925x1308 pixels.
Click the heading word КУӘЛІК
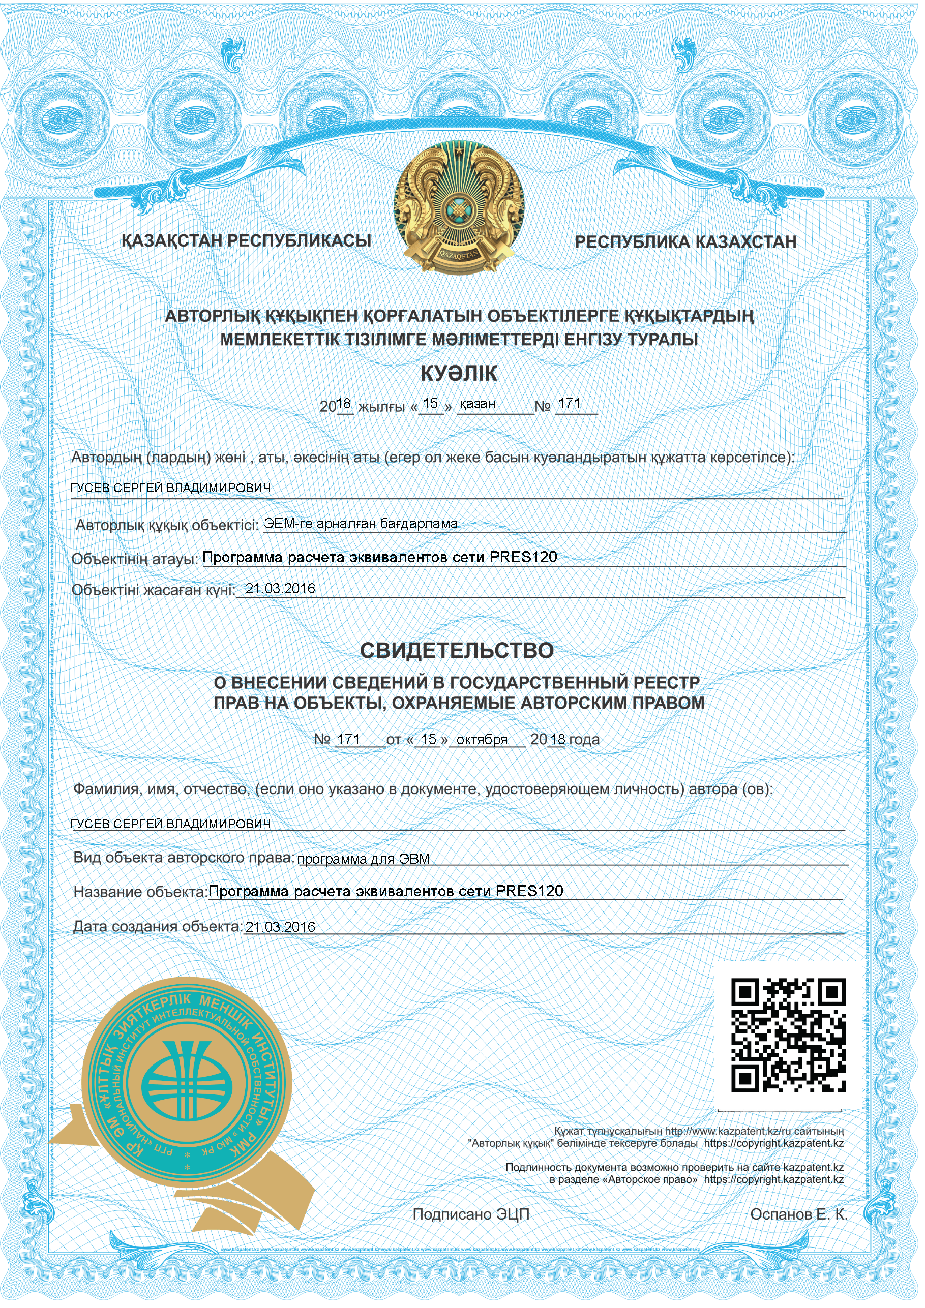(459, 374)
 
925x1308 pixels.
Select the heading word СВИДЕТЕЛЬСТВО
(457, 651)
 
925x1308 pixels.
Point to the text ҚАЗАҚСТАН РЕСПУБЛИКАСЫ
(246, 241)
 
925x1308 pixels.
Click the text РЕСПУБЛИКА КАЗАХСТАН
(685, 242)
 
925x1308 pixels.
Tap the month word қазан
(477, 404)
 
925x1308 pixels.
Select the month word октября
(482, 740)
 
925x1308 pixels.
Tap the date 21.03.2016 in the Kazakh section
(280, 589)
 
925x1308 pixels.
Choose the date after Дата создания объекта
(280, 927)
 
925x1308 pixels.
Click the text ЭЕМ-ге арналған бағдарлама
(360, 524)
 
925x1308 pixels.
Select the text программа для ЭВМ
(363, 859)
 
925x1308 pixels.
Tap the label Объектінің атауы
(135, 559)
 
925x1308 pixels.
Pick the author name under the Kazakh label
(170, 488)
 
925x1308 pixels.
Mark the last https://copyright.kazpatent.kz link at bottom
(773, 1180)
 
